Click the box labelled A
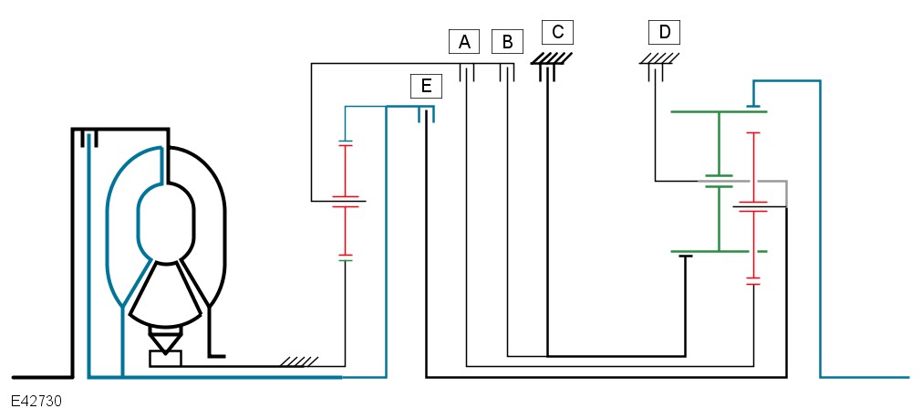[x=464, y=42]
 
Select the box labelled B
[x=507, y=42]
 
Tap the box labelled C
[x=557, y=32]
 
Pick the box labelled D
[x=665, y=32]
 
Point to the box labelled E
[x=426, y=86]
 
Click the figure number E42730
[x=36, y=402]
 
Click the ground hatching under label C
[x=552, y=58]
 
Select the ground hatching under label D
[x=659, y=58]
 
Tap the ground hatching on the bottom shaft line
[x=299, y=361]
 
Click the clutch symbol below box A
[x=467, y=73]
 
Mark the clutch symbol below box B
[x=507, y=73]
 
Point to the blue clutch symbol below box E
[x=426, y=114]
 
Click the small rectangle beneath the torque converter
[x=166, y=359]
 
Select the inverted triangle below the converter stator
[x=166, y=340]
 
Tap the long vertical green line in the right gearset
[x=719, y=182]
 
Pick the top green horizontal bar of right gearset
[x=719, y=111]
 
